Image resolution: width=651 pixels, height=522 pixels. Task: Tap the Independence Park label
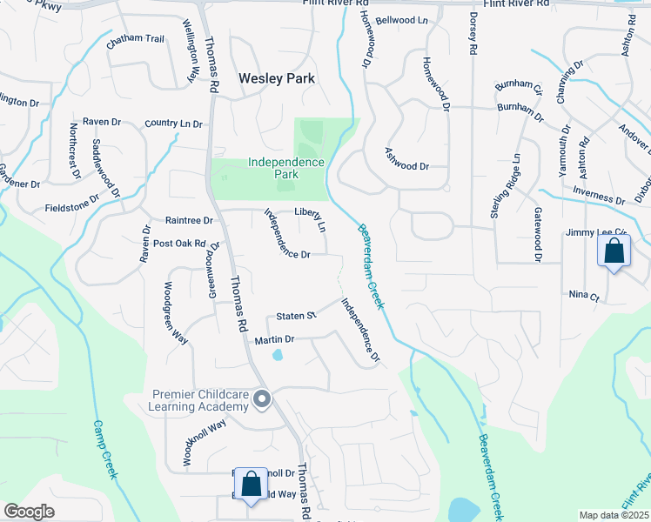pos(285,168)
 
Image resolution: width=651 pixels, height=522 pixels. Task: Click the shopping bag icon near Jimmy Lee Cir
pos(614,251)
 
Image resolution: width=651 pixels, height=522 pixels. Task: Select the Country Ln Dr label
pos(173,124)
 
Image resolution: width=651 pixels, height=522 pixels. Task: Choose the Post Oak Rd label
pos(179,244)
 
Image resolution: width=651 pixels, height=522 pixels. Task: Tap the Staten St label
pos(294,316)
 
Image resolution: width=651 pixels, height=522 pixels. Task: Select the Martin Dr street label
pos(275,338)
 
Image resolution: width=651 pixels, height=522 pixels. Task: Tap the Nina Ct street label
pos(583,297)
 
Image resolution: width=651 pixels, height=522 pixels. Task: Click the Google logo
pos(29,512)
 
